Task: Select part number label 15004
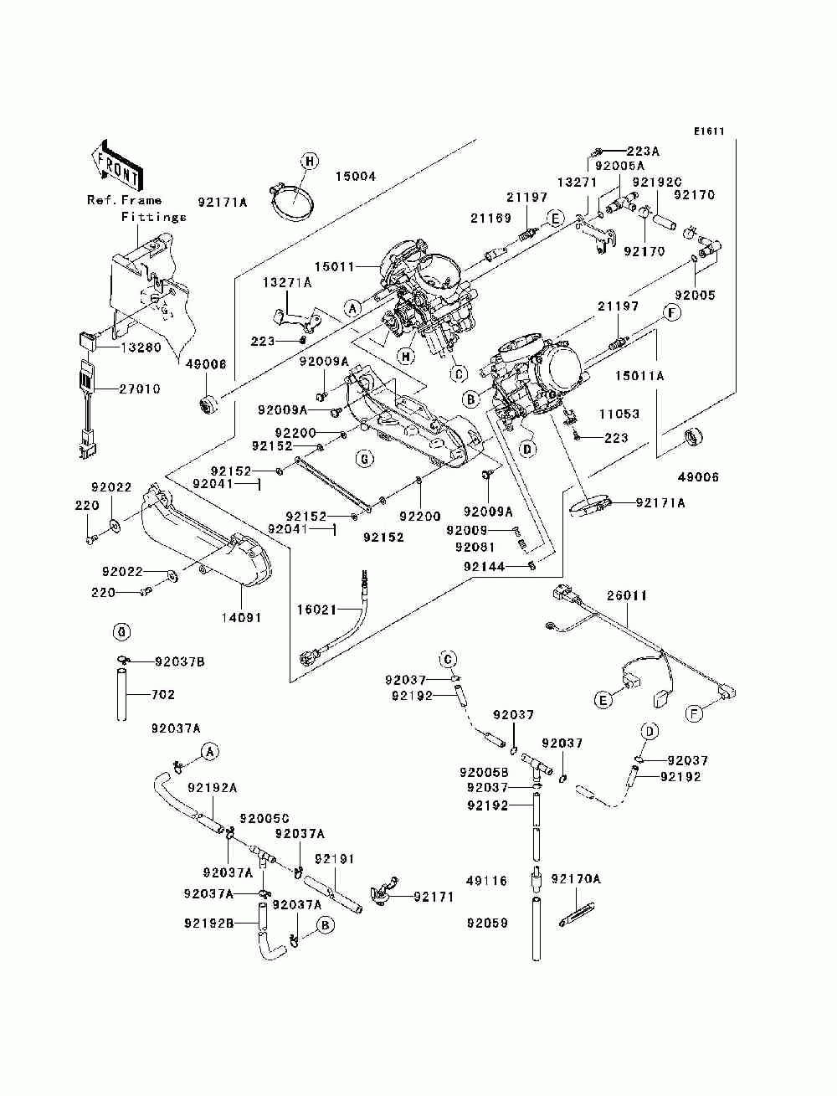(x=356, y=177)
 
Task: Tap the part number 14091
(x=241, y=618)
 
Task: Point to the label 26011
(x=627, y=596)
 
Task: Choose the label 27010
(x=140, y=389)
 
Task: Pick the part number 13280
(x=140, y=347)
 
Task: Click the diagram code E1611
(x=708, y=131)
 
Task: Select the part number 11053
(x=619, y=414)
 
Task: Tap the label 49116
(x=487, y=881)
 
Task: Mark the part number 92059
(x=487, y=924)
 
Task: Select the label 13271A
(x=287, y=283)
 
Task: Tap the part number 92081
(x=476, y=547)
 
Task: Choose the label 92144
(x=484, y=567)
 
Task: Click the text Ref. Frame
(x=125, y=200)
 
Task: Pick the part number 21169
(x=490, y=219)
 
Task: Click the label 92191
(x=335, y=859)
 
